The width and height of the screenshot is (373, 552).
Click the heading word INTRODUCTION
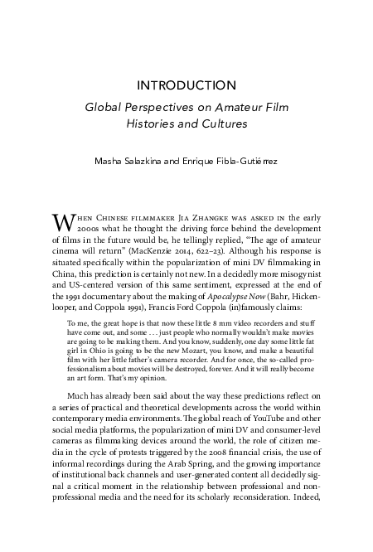186,85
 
